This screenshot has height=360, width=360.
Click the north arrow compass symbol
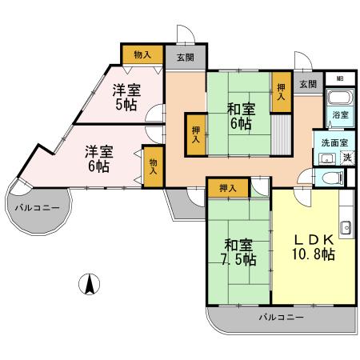click(x=90, y=283)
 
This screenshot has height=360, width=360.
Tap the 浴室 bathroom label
click(x=340, y=115)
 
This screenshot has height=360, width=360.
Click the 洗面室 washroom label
click(x=334, y=142)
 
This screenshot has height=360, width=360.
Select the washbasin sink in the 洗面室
click(x=326, y=157)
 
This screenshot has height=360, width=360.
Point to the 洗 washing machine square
click(x=347, y=158)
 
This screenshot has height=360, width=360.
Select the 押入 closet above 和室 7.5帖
click(x=227, y=188)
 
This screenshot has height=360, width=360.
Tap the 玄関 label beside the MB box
click(x=308, y=83)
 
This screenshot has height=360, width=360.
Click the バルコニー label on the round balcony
click(x=36, y=207)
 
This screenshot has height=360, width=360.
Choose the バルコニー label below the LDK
click(x=281, y=318)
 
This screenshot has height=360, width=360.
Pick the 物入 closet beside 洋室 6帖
click(x=153, y=166)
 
